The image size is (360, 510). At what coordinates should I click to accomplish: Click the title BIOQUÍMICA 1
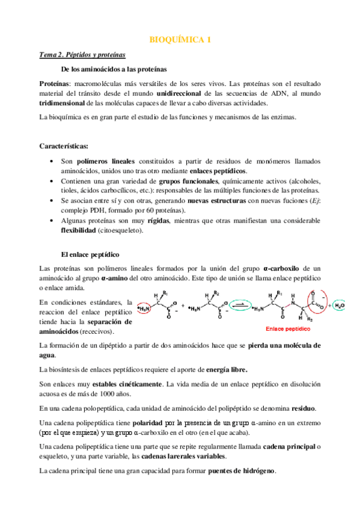pos(180,40)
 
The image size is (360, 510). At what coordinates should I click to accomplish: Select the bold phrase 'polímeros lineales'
pos(106,162)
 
